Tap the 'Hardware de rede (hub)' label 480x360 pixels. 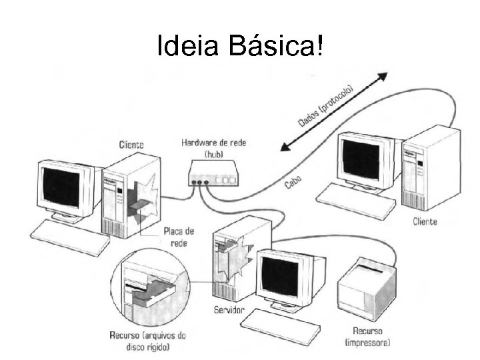coord(213,148)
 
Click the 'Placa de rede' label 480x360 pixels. coord(178,237)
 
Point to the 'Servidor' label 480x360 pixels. coord(229,311)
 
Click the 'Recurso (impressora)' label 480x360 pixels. coord(368,337)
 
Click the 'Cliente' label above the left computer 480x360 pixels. coord(131,144)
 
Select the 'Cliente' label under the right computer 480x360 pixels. coord(425,221)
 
